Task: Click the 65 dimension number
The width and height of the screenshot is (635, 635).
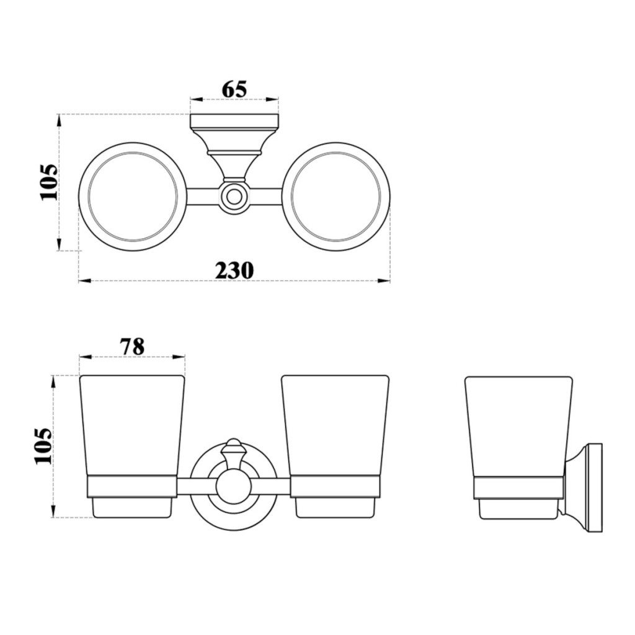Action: coord(234,89)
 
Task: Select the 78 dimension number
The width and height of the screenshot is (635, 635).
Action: coord(132,347)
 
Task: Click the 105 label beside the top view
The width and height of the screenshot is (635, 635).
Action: coord(49,182)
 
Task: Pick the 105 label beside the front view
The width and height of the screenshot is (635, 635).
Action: coord(44,445)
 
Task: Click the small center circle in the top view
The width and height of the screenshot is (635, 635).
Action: coord(233,197)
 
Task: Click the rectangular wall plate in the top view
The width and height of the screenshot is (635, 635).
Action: coord(234,121)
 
